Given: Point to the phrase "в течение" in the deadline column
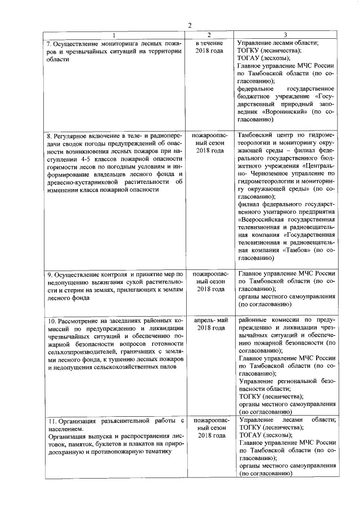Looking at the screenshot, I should (209, 43).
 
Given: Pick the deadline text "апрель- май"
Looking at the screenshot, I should (210, 319).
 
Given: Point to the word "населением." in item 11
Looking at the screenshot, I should (65, 429).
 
